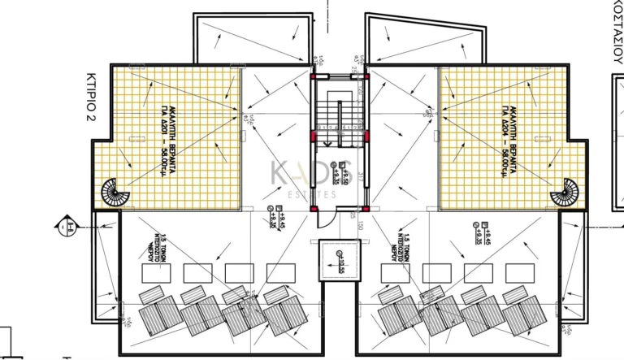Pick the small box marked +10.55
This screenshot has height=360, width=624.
340,260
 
